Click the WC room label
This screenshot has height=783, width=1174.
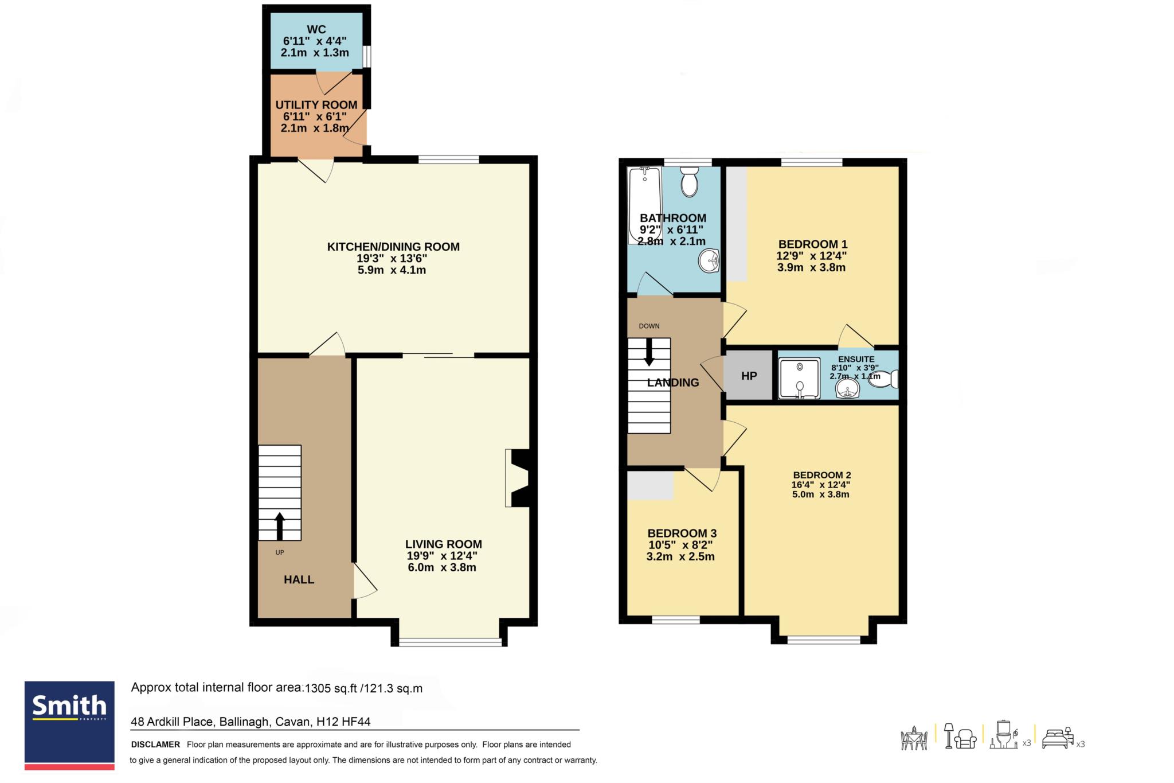point(316,30)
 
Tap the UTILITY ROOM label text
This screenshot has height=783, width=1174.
point(316,105)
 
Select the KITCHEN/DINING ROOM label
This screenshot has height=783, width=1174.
point(393,247)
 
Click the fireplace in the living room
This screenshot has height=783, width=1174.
point(517,478)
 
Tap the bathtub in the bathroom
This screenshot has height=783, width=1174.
point(645,205)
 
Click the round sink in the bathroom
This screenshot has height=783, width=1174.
point(709,261)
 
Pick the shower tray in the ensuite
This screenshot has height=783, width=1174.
point(800,378)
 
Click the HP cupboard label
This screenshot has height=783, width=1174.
point(749,376)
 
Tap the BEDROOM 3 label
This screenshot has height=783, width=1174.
point(682,533)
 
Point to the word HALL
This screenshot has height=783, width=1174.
point(299,579)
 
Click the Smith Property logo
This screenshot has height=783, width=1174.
point(69,725)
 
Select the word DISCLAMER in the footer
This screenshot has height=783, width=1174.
point(155,745)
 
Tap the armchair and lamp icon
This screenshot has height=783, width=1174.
point(960,736)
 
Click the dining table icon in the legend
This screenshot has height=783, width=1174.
point(914,738)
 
